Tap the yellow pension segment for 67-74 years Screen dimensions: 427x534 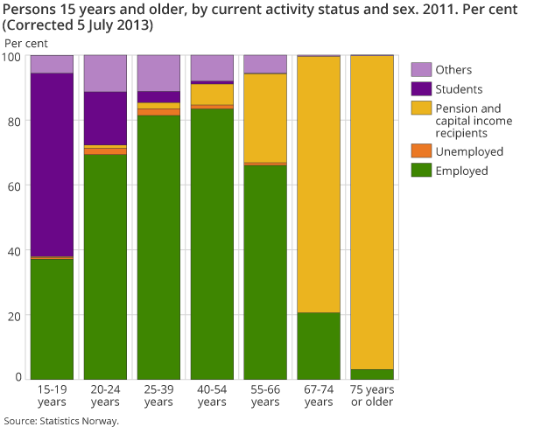point(319,185)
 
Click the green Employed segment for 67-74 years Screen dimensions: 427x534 point(319,345)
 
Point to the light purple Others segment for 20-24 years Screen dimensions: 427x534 point(105,73)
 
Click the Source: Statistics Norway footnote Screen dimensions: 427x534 point(60,420)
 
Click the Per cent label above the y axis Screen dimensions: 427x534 point(26,42)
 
